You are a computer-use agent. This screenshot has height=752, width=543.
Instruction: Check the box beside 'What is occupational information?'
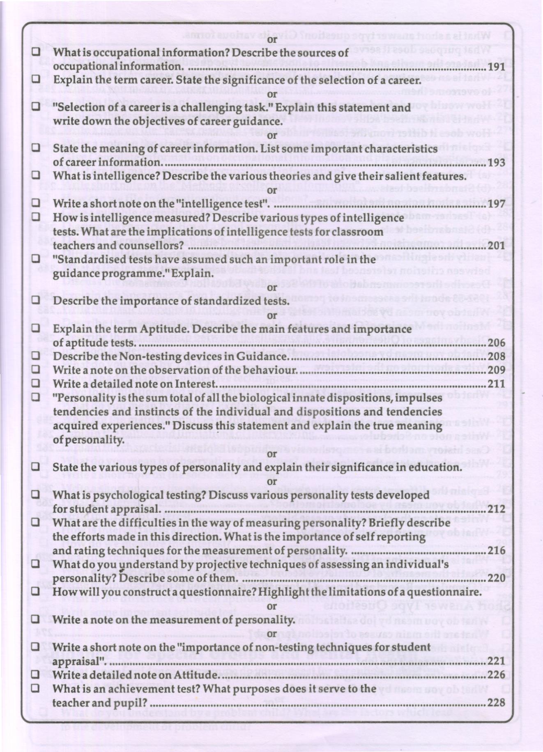pos(36,52)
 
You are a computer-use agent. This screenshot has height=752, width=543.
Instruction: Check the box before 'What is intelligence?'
pos(36,175)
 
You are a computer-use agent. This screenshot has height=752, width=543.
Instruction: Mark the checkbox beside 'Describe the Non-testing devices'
pos(36,356)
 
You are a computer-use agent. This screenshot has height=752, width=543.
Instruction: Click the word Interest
pos(196,384)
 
